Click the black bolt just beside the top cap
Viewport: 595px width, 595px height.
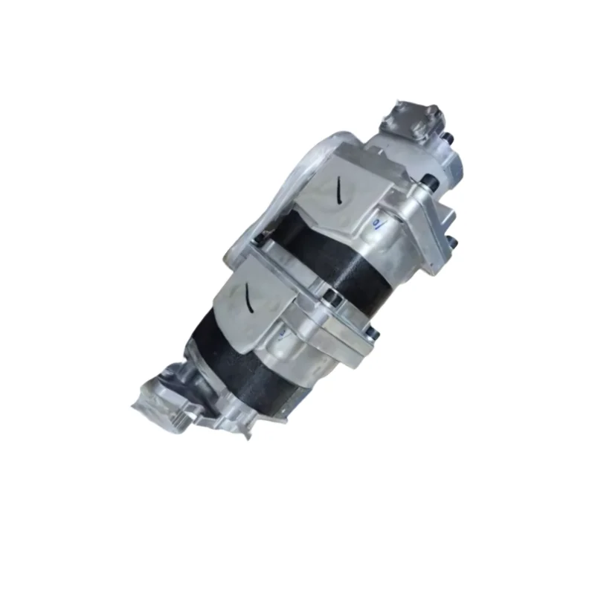click(x=446, y=138)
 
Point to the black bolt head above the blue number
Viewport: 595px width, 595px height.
click(x=430, y=178)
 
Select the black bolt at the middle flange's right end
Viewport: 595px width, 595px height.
click(x=372, y=336)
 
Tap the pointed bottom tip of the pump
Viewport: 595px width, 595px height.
click(x=247, y=435)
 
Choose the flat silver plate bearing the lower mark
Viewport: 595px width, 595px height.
click(x=253, y=301)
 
